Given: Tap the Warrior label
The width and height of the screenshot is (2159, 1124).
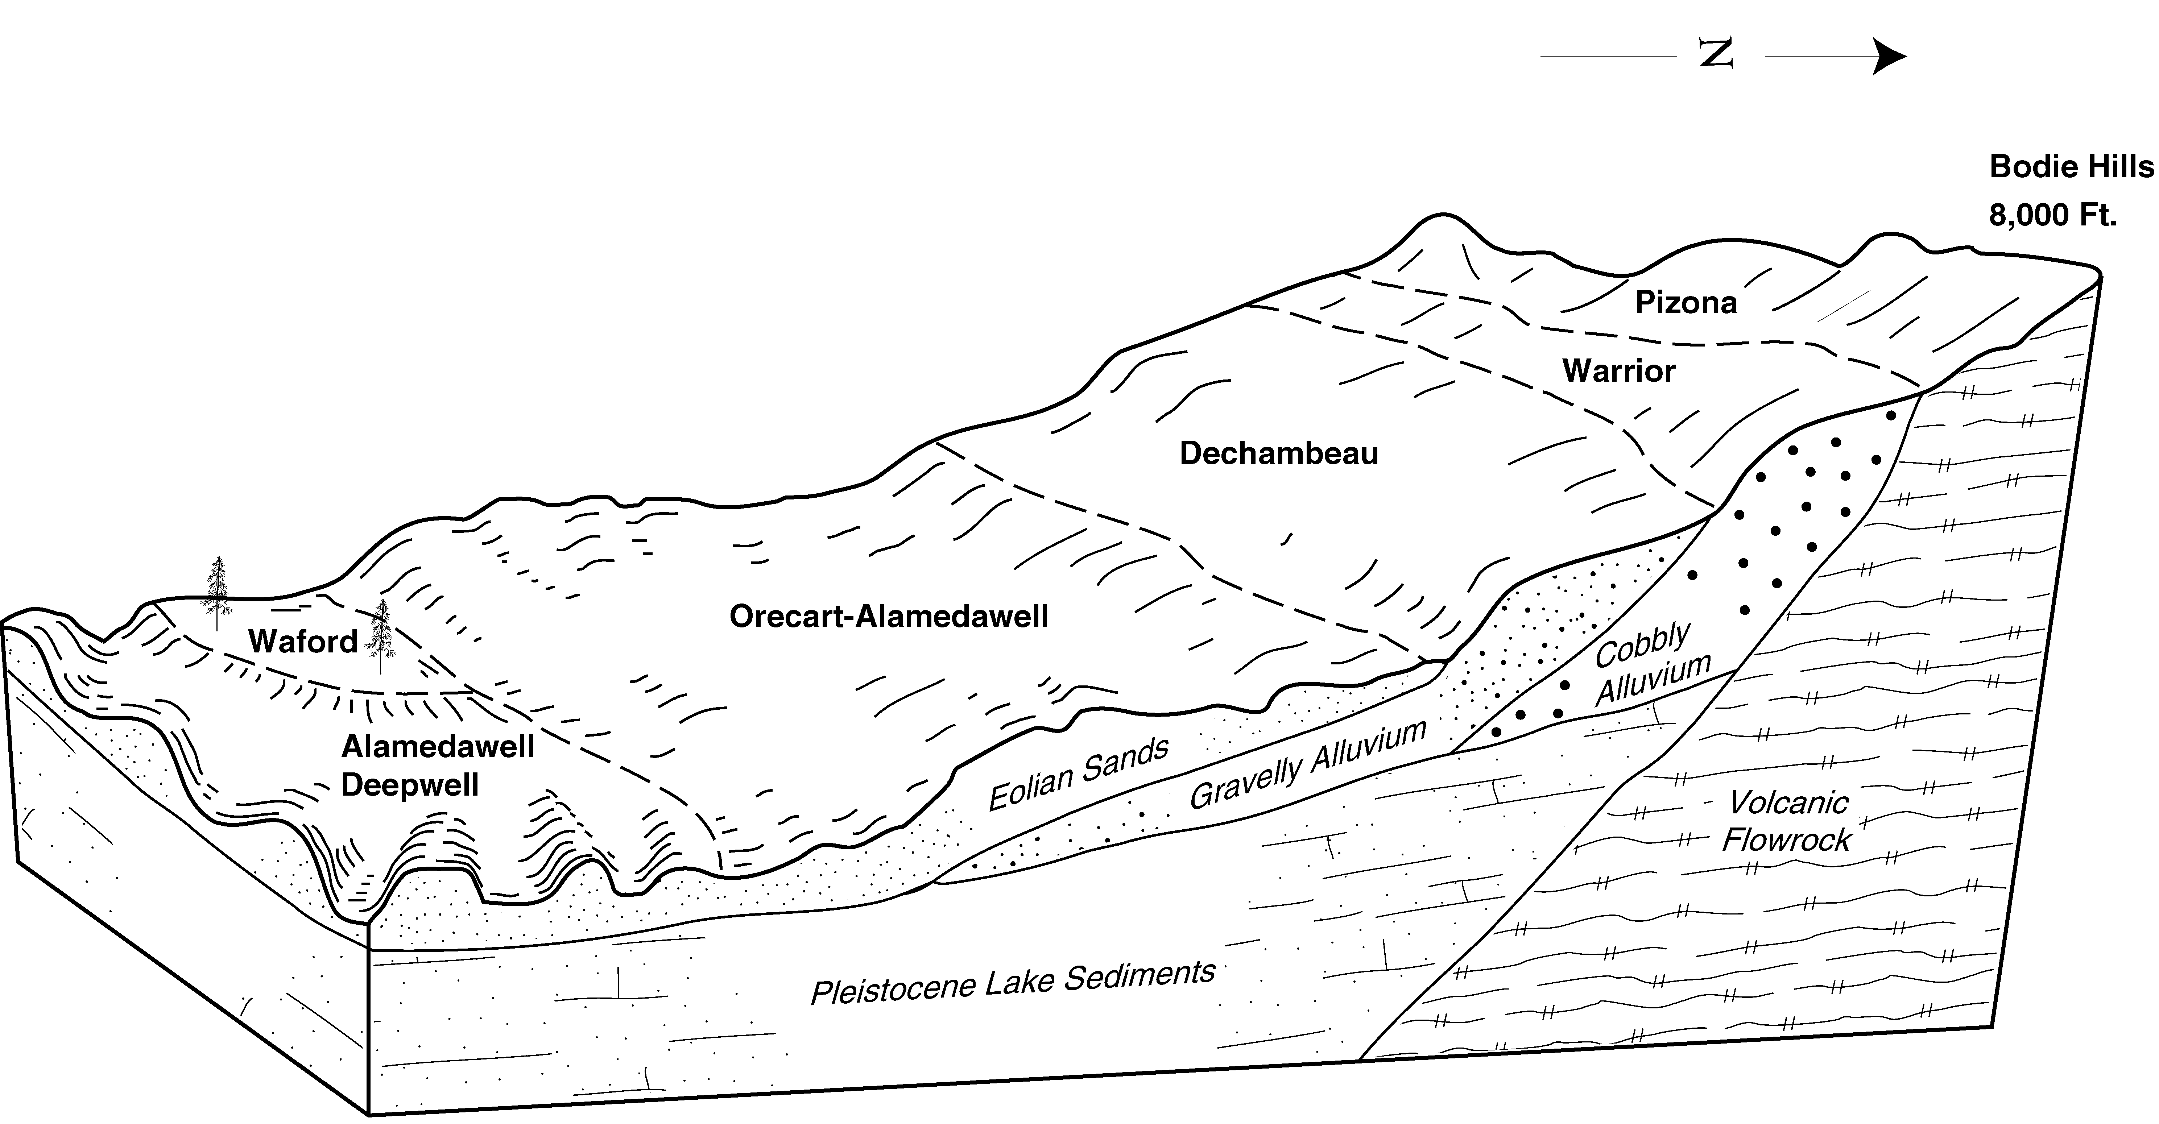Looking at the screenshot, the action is click(1618, 370).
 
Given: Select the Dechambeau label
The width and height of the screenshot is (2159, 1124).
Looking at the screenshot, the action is click(1279, 453).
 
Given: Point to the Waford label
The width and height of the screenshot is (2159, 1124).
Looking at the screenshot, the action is click(303, 642).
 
